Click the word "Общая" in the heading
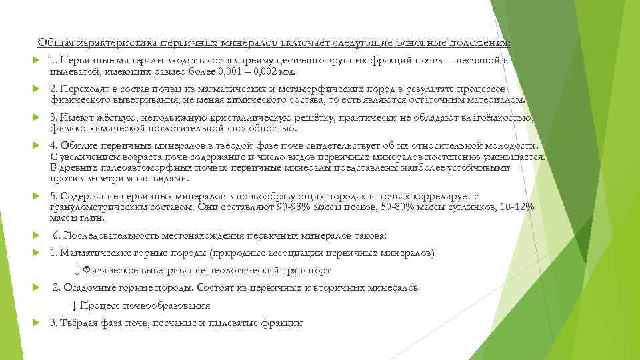click(x=51, y=43)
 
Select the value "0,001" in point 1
click(x=234, y=71)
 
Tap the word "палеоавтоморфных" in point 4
click(x=141, y=167)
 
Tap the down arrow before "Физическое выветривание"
click(x=77, y=271)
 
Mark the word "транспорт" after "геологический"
click(x=309, y=271)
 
